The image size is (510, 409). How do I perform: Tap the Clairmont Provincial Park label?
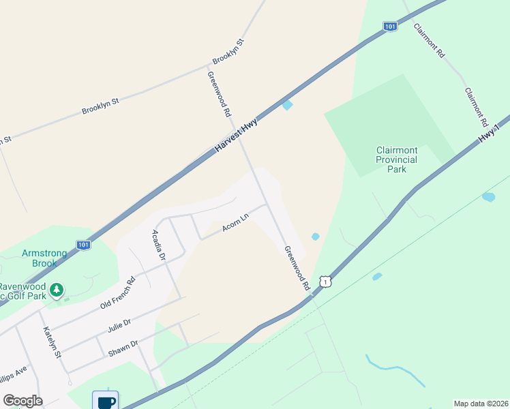(396, 160)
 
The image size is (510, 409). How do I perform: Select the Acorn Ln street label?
(235, 222)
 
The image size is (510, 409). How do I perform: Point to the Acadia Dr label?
(158, 245)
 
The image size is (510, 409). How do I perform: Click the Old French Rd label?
(117, 292)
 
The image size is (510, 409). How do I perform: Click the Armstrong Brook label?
(44, 258)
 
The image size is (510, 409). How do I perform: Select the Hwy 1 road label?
(489, 129)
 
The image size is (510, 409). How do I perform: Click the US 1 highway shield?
(327, 282)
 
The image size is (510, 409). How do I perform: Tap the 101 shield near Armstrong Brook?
(83, 244)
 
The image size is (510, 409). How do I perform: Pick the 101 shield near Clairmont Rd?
(389, 26)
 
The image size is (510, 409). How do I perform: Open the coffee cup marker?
(106, 401)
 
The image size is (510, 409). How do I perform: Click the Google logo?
(22, 400)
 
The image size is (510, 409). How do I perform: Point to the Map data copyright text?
(481, 404)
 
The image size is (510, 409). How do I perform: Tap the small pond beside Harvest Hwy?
(288, 105)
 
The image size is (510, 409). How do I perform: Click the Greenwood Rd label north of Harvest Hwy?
(220, 94)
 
